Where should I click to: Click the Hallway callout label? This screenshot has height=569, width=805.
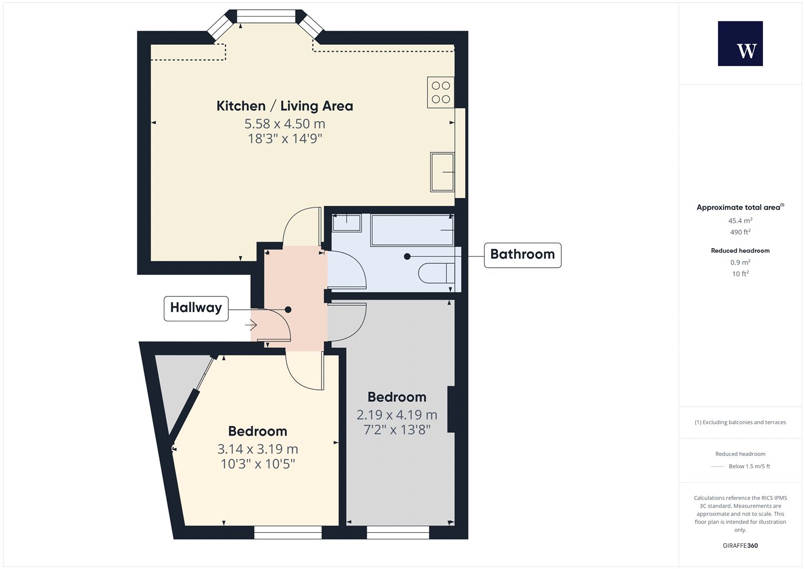196,308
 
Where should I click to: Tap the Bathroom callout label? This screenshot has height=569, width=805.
523,255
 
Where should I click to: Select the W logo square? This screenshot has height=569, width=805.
741,44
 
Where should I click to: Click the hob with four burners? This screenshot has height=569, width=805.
440,92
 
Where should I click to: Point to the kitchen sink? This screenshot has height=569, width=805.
442,172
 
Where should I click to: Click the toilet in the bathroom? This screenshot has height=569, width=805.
436,274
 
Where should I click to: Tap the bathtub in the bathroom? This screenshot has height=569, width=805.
412,230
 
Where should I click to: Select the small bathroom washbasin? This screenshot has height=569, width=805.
346,223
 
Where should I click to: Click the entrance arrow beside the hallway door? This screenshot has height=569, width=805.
251,325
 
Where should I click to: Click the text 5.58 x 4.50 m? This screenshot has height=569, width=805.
285,124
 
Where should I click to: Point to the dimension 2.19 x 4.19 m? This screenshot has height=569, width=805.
397,415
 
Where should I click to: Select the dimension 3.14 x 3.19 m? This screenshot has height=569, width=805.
258,449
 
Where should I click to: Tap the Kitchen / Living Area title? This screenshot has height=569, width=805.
285,106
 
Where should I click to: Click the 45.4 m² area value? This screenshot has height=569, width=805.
740,221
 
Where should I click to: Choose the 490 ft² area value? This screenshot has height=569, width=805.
740,232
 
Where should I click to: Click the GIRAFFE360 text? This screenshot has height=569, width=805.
740,545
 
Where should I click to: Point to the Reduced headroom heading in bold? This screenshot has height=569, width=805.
740,251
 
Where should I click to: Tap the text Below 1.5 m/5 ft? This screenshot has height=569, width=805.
749,466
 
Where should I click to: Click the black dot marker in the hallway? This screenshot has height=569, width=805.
288,309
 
